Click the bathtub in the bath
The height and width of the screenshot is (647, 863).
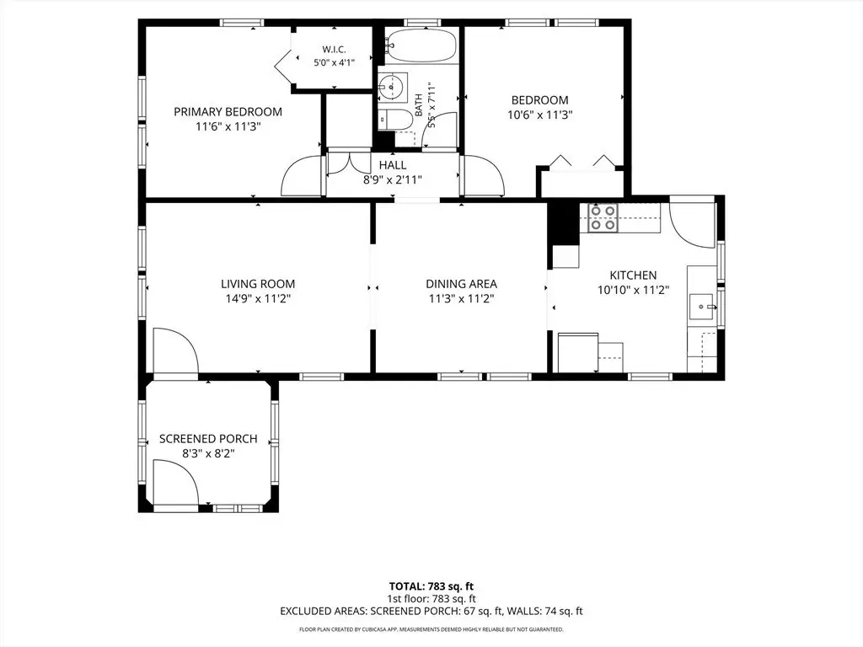[421, 45]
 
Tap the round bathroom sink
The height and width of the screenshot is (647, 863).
[393, 87]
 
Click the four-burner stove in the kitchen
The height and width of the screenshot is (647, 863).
[602, 217]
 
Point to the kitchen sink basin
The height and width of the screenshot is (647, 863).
[703, 306]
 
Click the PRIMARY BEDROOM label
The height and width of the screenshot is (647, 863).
[228, 112]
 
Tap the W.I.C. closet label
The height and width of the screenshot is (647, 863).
[334, 50]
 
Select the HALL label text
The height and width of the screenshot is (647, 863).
[393, 165]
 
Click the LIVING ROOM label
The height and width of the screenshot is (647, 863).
[258, 284]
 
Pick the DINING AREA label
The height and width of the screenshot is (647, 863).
[461, 284]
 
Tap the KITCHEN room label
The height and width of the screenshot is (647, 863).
[633, 275]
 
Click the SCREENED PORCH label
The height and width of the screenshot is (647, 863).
[208, 439]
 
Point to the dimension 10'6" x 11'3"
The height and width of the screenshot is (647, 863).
[540, 115]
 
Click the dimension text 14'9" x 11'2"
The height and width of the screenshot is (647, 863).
[258, 299]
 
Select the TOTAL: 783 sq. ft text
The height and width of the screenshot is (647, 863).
[431, 586]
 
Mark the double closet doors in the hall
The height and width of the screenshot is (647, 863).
[349, 163]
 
